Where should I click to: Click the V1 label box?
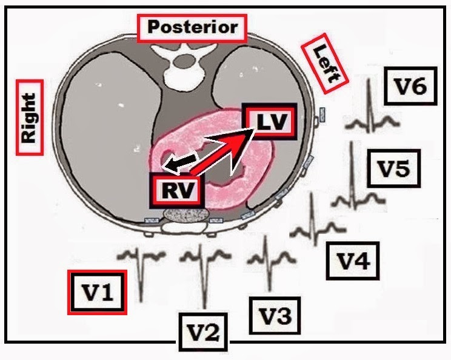coord(98,292)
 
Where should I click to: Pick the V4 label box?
coord(352,261)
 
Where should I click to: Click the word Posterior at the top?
coord(191,28)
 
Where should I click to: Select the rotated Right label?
coord(30,118)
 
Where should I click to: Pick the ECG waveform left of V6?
coord(371,112)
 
